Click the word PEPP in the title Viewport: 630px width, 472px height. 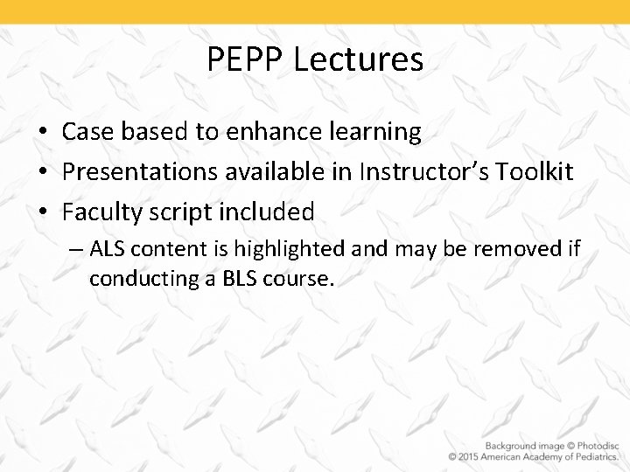pyautogui.click(x=246, y=59)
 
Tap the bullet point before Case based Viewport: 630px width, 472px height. pyautogui.click(x=43, y=132)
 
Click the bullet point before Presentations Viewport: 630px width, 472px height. pyautogui.click(x=43, y=172)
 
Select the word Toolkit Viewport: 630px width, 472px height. pyautogui.click(x=536, y=172)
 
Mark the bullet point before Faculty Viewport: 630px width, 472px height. pyautogui.click(x=43, y=212)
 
